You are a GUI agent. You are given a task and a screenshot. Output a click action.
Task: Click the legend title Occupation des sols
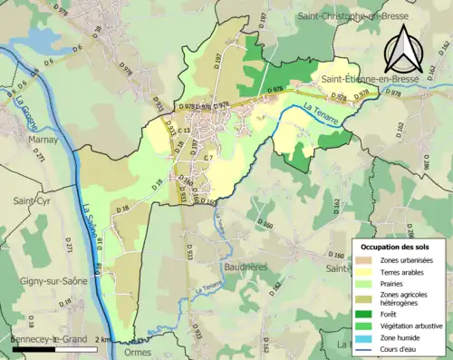tap(396, 247)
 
